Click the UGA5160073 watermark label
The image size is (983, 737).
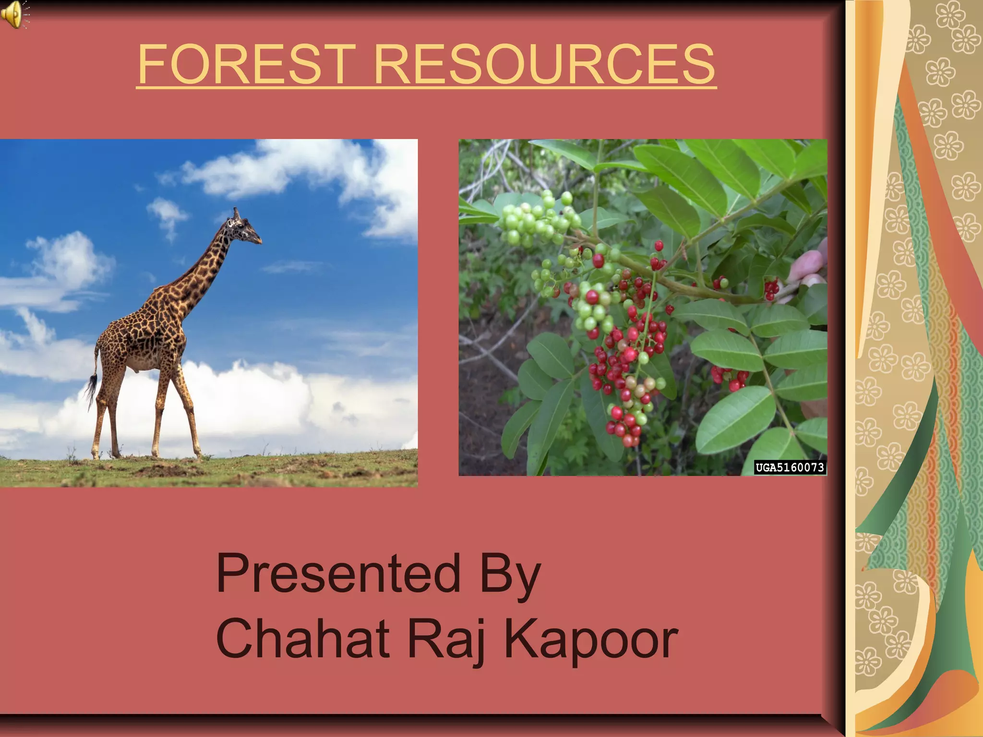click(790, 467)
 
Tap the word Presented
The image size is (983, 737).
click(338, 573)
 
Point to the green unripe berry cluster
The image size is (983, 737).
click(535, 221)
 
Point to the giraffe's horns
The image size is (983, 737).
click(236, 212)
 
